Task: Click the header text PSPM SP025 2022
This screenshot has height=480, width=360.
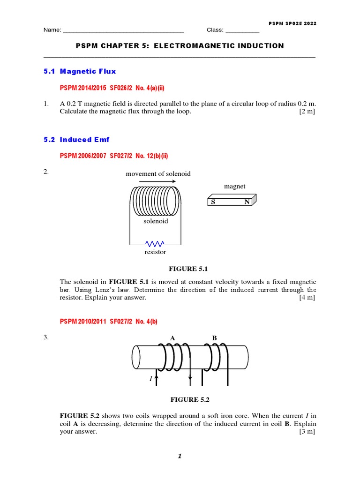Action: (292, 23)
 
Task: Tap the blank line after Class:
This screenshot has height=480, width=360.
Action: (242, 31)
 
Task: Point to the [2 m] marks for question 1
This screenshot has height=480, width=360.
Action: (307, 112)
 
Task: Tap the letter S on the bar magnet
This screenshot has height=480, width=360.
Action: (212, 202)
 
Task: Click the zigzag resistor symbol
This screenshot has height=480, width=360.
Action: (155, 244)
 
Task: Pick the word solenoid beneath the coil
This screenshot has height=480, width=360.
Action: (156, 221)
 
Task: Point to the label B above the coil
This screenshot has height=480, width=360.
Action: (214, 337)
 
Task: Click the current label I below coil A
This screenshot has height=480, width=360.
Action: (151, 378)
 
